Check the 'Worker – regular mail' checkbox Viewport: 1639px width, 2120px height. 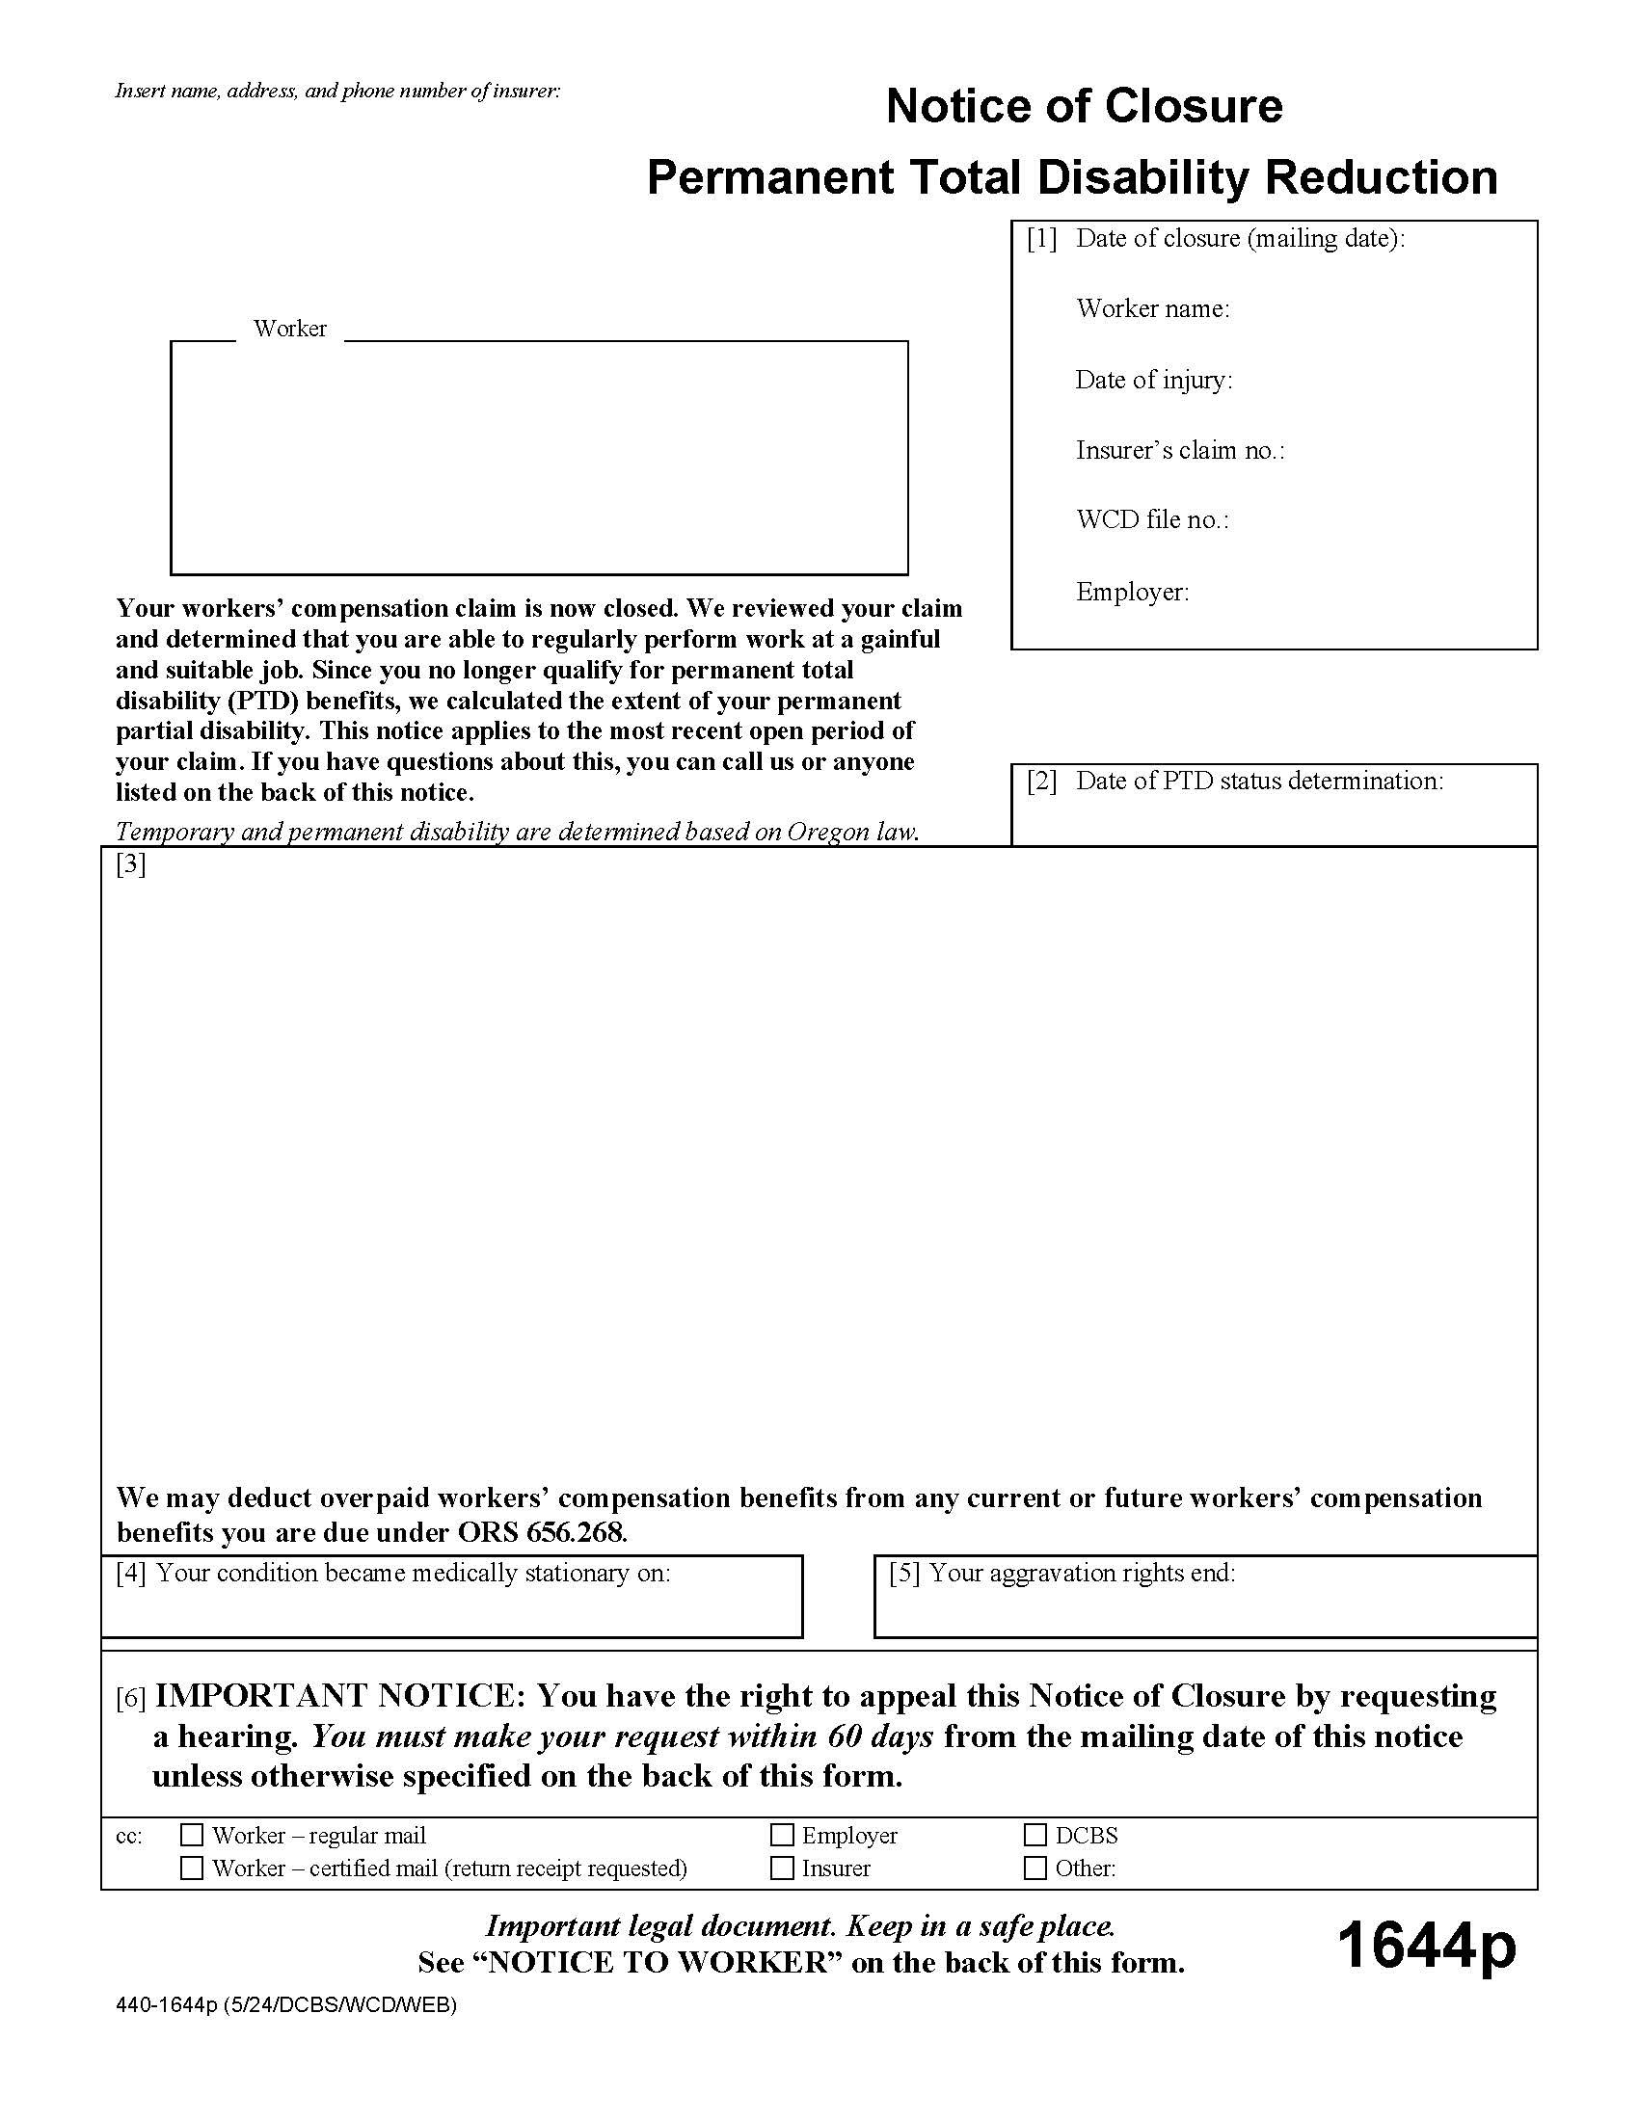[x=192, y=1835]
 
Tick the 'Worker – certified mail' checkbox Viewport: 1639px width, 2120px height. [x=192, y=1868]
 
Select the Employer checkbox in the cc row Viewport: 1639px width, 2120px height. [x=782, y=1835]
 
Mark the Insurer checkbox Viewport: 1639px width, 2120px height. [x=782, y=1868]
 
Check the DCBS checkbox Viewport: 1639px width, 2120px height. [x=1035, y=1835]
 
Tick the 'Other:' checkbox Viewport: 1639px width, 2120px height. [x=1035, y=1868]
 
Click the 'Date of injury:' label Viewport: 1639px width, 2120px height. [x=1152, y=380]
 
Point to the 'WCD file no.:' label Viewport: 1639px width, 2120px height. [x=1151, y=519]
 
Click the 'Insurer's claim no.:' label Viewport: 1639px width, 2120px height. [x=1179, y=449]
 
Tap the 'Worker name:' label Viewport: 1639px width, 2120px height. [x=1151, y=308]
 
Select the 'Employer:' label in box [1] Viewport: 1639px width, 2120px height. [x=1131, y=591]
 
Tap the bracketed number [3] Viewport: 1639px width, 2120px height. [x=130, y=864]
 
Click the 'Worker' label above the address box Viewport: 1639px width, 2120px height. [x=289, y=328]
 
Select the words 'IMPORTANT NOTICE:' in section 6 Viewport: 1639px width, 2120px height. [x=339, y=1696]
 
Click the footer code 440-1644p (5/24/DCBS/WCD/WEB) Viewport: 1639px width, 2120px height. [x=285, y=2004]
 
